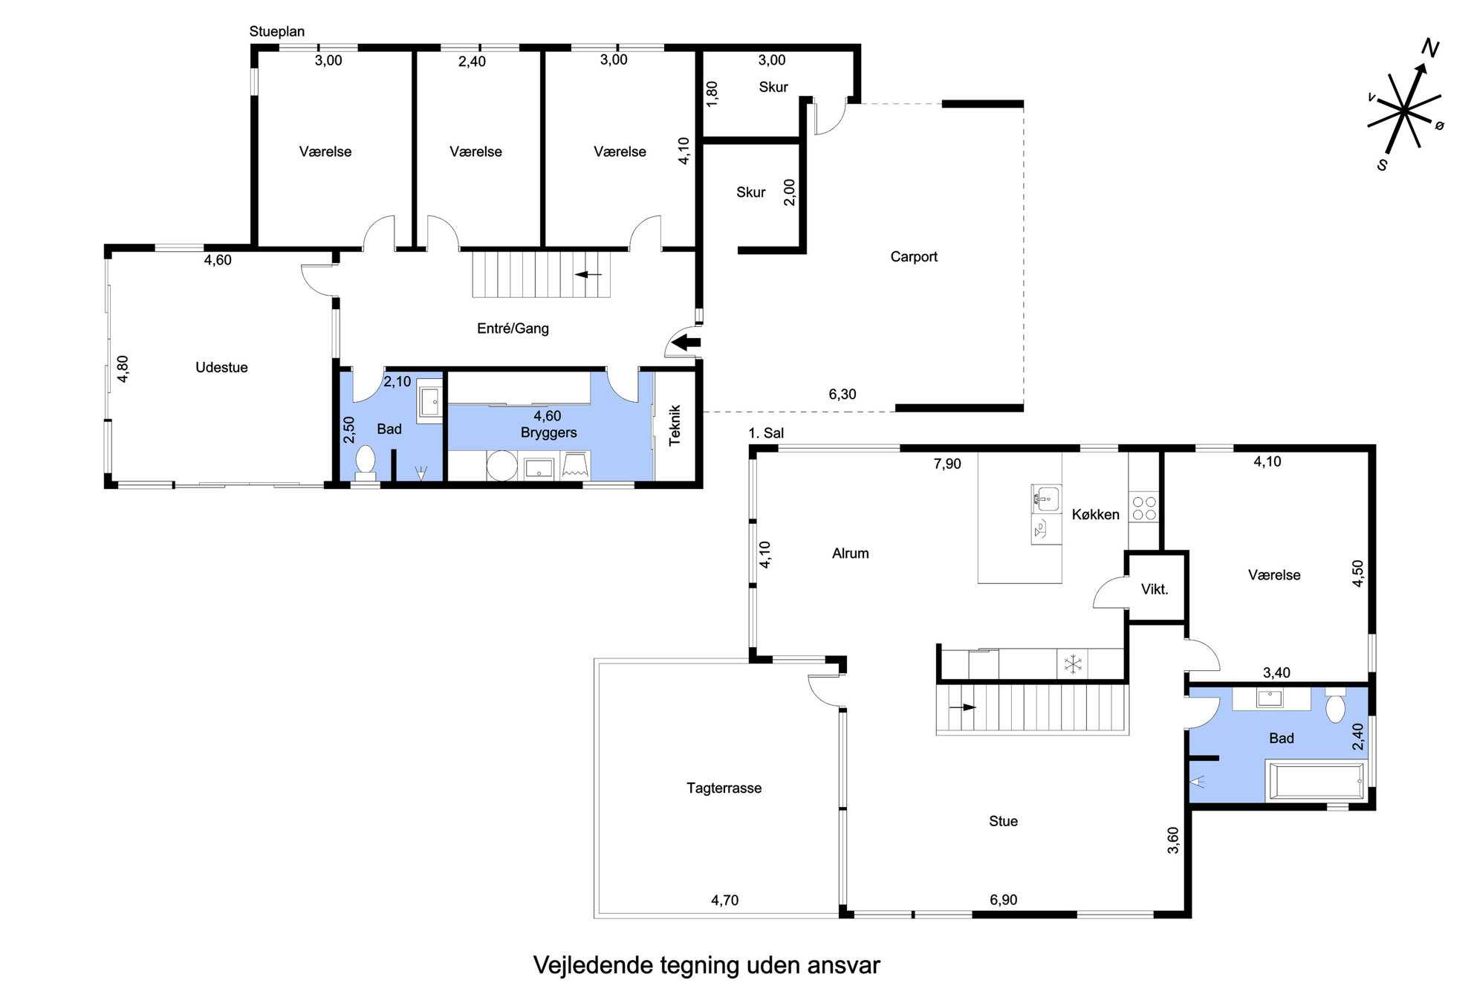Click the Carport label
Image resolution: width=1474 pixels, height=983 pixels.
click(914, 257)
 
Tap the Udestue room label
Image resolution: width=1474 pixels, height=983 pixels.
click(221, 367)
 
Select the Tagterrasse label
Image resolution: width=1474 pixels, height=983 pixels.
click(724, 788)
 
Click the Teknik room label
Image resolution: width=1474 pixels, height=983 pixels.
click(675, 425)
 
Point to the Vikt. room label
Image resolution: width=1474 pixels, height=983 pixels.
click(1155, 589)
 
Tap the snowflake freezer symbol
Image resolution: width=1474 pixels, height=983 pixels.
click(1073, 664)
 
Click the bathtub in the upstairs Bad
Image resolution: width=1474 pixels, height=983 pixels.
click(1316, 781)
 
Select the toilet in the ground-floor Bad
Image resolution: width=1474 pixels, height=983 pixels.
click(365, 462)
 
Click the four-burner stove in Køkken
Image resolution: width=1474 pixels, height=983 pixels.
click(1143, 508)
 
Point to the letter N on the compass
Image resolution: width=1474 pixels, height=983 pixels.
click(1429, 49)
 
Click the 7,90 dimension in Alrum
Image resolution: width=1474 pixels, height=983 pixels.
click(947, 464)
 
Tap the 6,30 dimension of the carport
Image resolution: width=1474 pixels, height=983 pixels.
click(842, 395)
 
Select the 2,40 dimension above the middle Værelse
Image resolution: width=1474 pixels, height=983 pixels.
click(472, 62)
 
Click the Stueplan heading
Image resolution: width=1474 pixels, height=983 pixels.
click(276, 31)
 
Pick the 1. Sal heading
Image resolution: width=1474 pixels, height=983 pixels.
click(766, 433)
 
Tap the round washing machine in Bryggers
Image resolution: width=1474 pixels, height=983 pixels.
click(502, 466)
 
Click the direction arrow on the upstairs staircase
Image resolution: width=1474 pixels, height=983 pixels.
click(963, 707)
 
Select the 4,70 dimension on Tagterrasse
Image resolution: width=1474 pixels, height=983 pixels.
click(724, 901)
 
